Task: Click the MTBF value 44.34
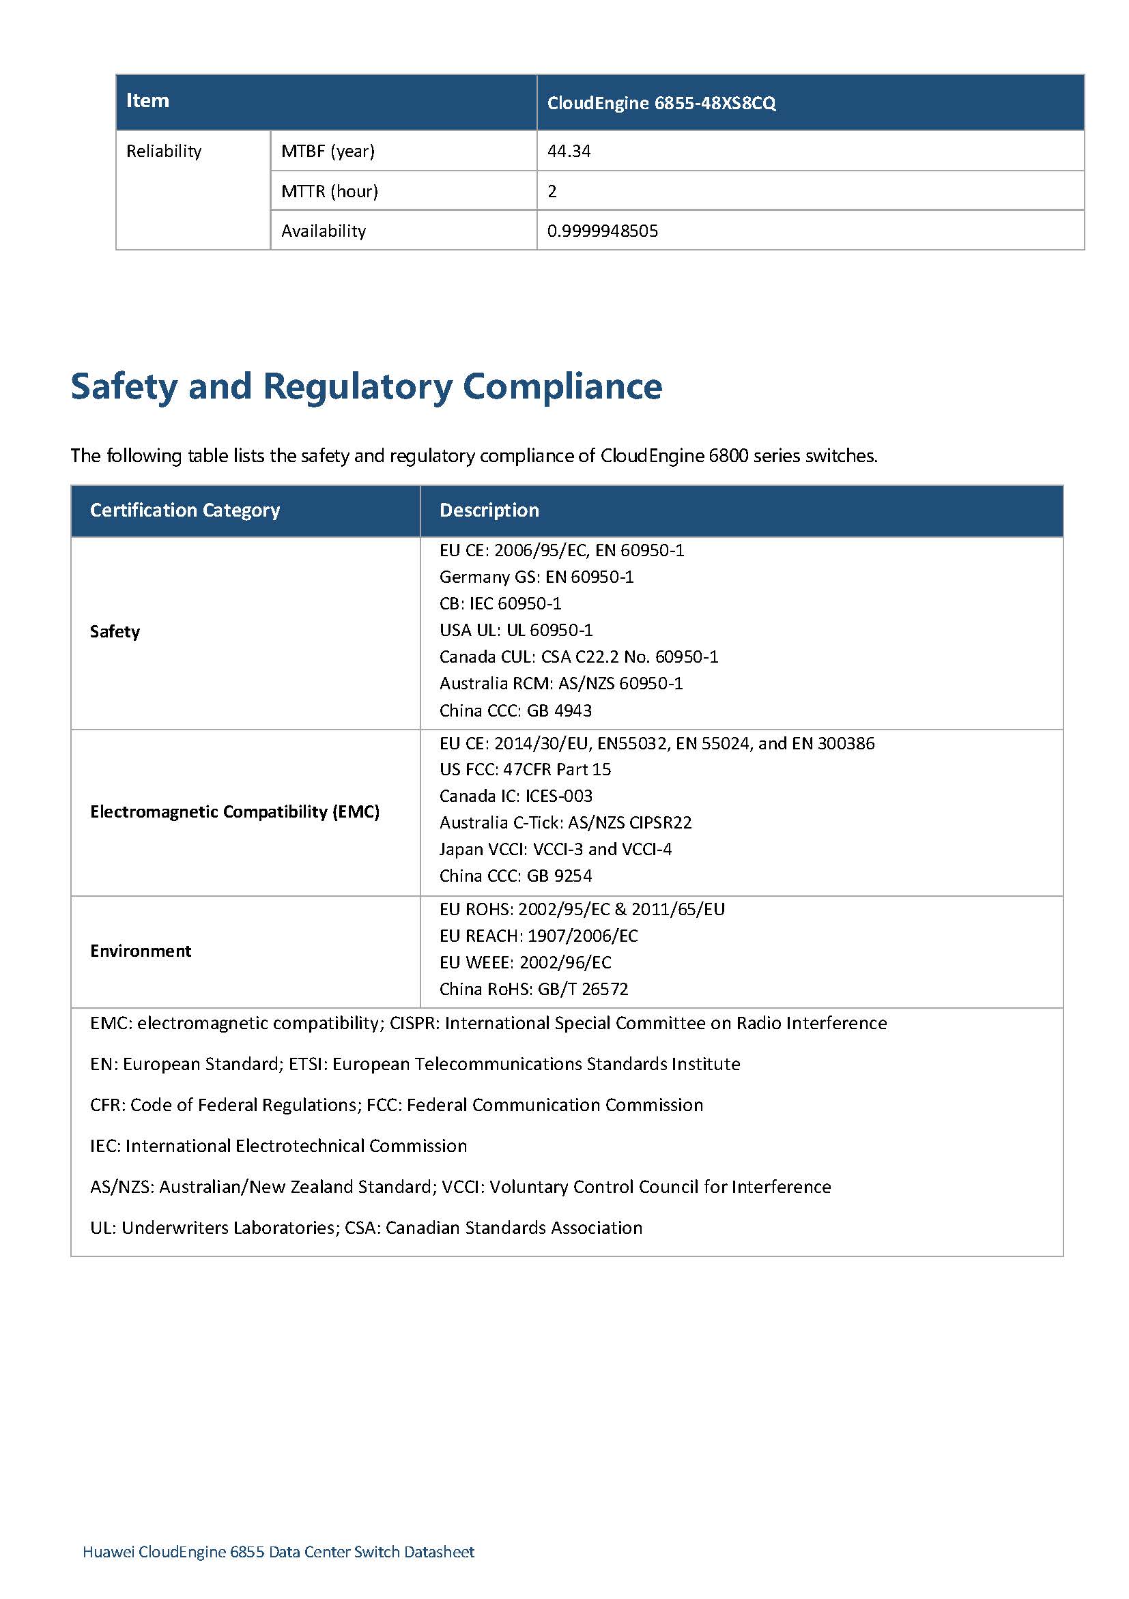click(569, 151)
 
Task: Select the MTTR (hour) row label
click(330, 192)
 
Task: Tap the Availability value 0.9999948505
click(603, 231)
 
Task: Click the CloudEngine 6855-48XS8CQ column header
click(661, 103)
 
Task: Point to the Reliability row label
click(164, 151)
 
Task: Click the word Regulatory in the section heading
click(357, 386)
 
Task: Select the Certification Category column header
click(184, 510)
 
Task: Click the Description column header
click(489, 510)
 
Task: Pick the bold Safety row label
click(115, 632)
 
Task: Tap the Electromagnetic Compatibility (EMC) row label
click(235, 812)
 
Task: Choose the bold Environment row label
click(141, 951)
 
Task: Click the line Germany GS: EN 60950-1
click(537, 577)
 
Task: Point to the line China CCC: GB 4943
click(515, 711)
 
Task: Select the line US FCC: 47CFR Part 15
click(525, 770)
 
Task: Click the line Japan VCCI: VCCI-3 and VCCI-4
click(555, 850)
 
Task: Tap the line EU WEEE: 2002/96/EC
click(525, 963)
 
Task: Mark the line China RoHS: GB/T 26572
click(534, 990)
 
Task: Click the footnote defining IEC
click(278, 1147)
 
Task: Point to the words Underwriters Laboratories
click(229, 1228)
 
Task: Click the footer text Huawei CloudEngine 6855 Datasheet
click(278, 1552)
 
